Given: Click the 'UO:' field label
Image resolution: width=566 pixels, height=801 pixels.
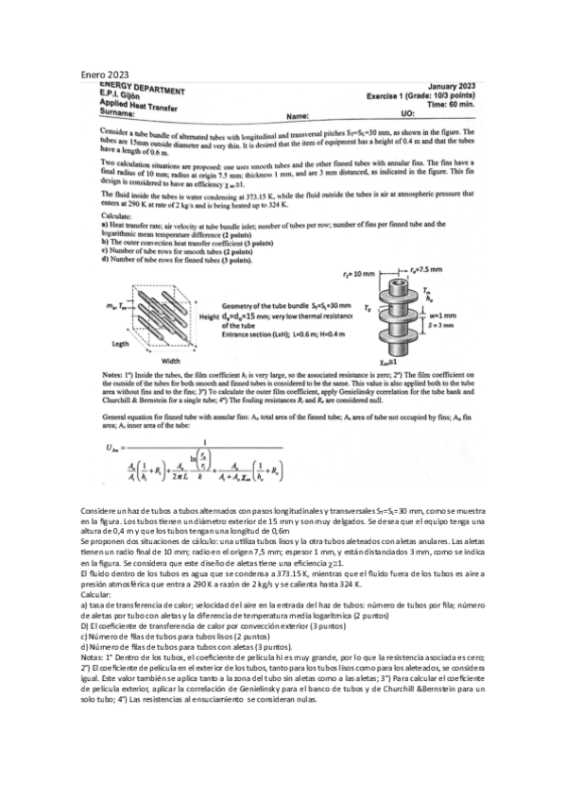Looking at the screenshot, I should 408,111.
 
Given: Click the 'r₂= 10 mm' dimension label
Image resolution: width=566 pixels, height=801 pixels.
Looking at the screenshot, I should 359,272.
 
